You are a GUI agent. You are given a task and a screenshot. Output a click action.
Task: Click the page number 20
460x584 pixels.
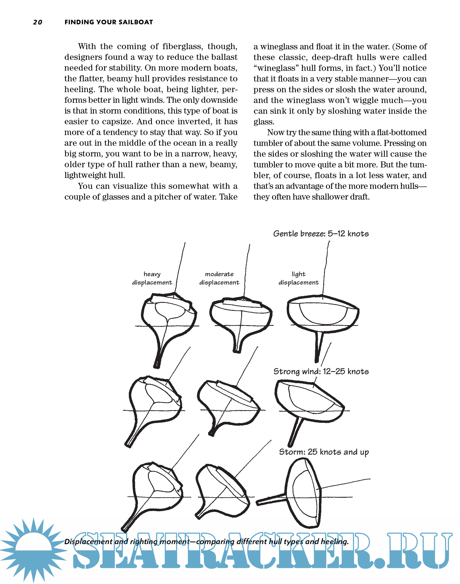(x=37, y=22)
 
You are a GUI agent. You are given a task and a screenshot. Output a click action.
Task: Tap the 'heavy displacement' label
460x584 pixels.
(x=152, y=278)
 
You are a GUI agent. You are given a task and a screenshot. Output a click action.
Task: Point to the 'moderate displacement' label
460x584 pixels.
(x=219, y=278)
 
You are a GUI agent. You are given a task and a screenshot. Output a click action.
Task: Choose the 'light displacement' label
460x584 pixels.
(x=299, y=278)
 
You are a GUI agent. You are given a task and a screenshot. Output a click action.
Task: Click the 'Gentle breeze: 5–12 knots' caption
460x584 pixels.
(x=321, y=234)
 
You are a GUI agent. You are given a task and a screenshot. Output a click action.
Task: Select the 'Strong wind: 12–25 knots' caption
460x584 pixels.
(x=321, y=371)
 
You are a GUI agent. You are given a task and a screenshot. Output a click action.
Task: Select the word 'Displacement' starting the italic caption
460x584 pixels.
(x=88, y=542)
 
